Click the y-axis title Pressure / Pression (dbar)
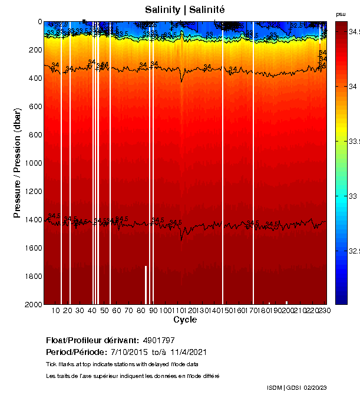(17, 163)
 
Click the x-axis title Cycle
(185, 320)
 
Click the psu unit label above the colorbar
(341, 14)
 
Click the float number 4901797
(159, 340)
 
